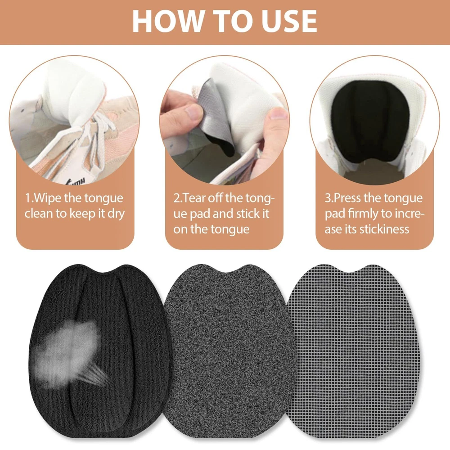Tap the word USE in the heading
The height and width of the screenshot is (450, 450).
(x=289, y=22)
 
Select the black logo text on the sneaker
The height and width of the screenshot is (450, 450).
(x=76, y=181)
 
